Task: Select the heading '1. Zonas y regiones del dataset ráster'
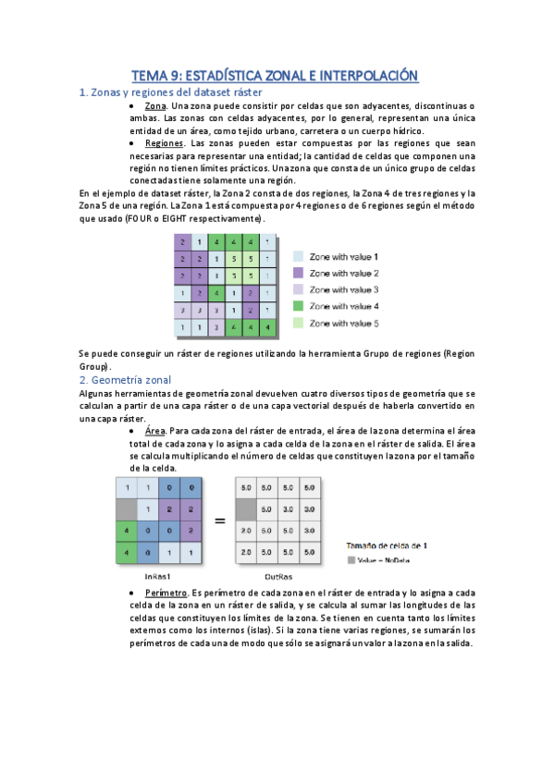coord(171,92)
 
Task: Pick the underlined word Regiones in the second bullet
coord(165,143)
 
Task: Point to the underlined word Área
coord(155,430)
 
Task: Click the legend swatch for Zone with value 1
coord(299,256)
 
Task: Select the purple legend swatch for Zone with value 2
coord(299,273)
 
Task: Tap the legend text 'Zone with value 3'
coord(344,289)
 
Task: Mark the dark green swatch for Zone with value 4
coord(299,306)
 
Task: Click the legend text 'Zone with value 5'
coord(344,323)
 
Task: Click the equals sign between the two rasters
coord(220,521)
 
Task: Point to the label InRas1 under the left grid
coord(156,575)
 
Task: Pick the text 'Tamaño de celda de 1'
coord(388,545)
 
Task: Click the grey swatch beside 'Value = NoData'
coord(351,559)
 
